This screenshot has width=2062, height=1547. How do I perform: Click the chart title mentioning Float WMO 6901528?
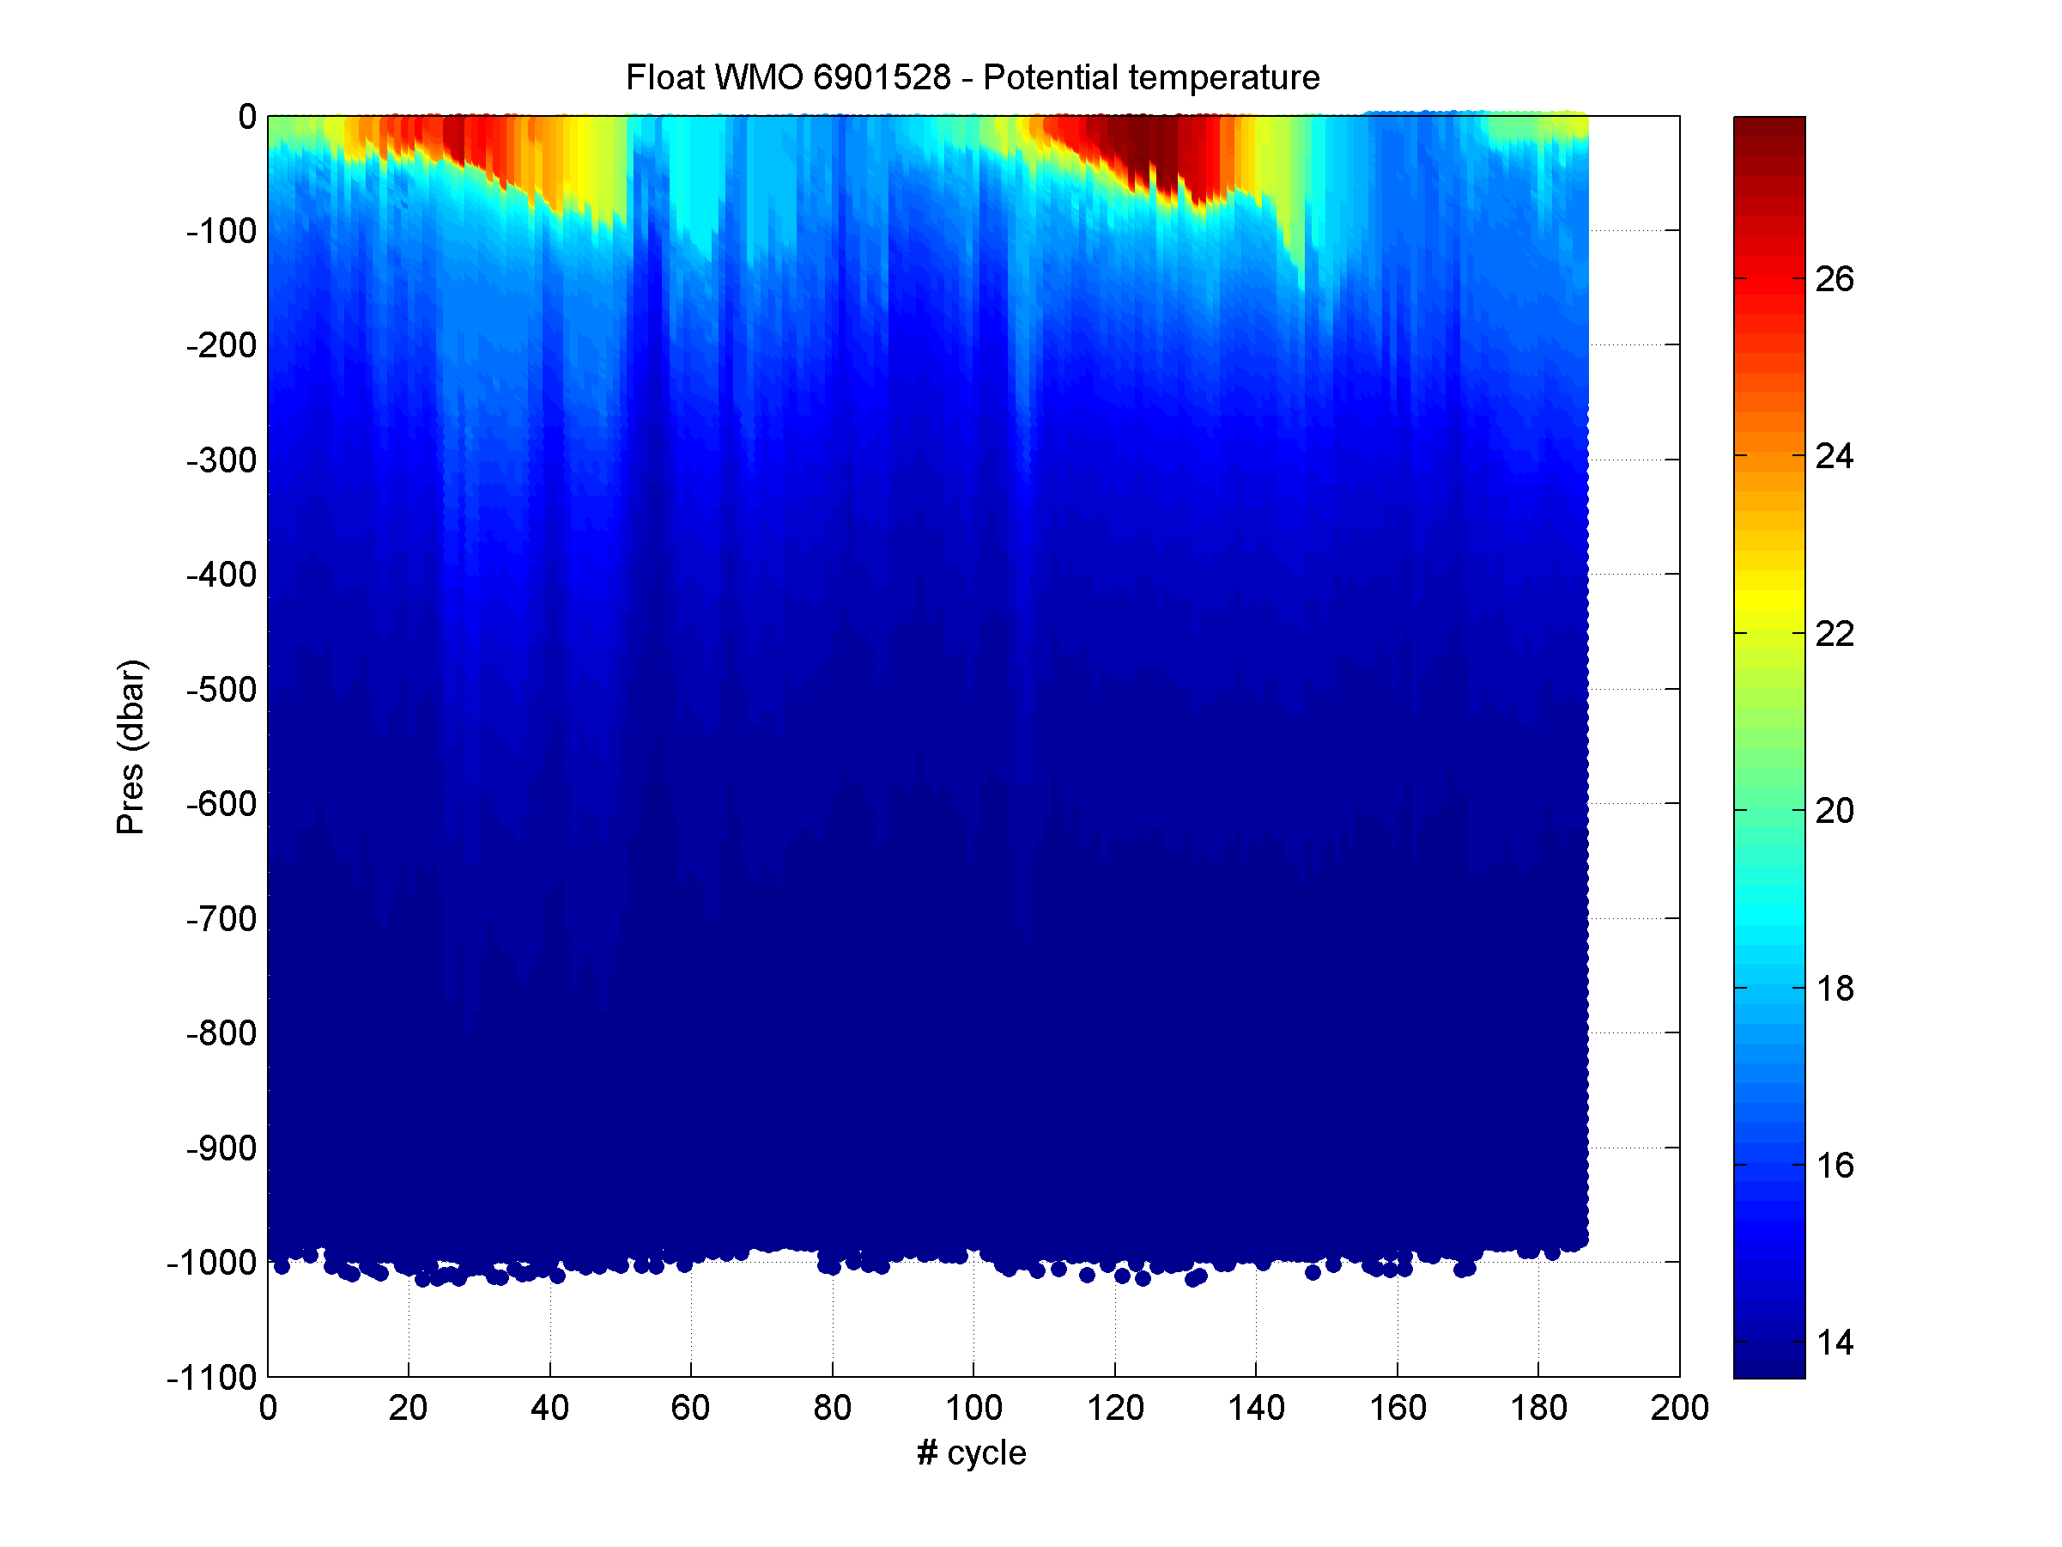(x=973, y=77)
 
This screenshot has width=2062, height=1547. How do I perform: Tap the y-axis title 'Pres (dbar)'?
(x=130, y=746)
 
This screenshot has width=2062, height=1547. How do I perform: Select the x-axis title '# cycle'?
(x=972, y=1453)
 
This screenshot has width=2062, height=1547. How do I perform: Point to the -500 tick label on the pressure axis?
(x=221, y=690)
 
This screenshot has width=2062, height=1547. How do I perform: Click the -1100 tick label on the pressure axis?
(x=211, y=1377)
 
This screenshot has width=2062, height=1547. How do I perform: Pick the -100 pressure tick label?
(x=221, y=230)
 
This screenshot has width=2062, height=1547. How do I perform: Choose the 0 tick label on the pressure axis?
(x=247, y=117)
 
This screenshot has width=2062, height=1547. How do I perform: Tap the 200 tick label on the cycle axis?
(x=1679, y=1408)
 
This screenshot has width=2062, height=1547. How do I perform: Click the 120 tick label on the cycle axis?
(x=1115, y=1408)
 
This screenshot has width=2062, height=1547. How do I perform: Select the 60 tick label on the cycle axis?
(x=691, y=1408)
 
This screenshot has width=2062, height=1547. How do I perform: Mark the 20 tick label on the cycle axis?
(x=409, y=1408)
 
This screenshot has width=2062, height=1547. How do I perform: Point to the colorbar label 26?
(x=1835, y=279)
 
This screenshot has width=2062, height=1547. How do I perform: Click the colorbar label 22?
(x=1835, y=634)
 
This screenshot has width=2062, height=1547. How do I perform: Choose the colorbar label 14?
(x=1835, y=1343)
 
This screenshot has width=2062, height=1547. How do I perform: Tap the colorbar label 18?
(x=1835, y=989)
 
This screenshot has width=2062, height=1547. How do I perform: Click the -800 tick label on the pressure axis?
(x=221, y=1033)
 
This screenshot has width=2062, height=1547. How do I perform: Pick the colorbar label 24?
(x=1835, y=456)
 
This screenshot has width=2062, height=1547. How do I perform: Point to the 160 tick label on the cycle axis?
(x=1398, y=1408)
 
